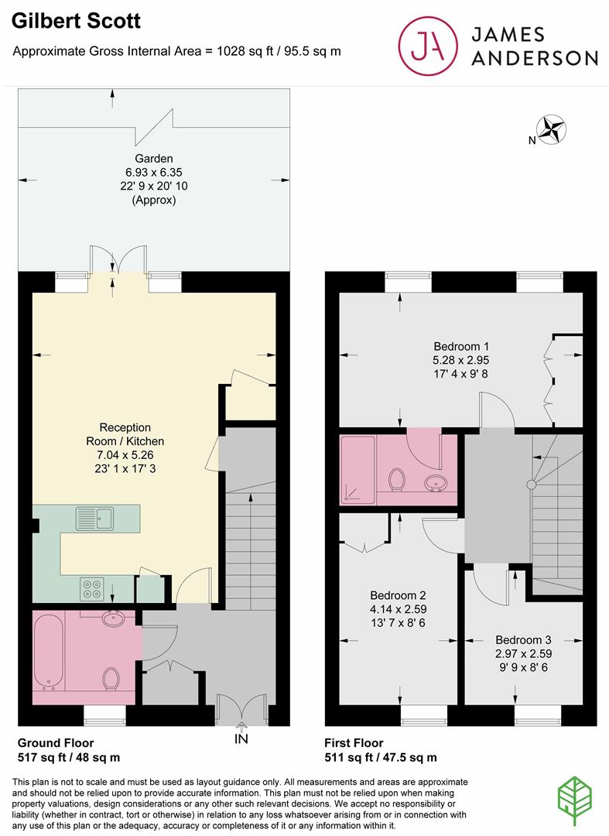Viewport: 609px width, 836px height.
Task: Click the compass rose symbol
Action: tap(553, 129)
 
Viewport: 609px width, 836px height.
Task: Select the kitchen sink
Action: tap(94, 518)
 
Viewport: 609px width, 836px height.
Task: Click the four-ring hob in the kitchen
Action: tap(92, 589)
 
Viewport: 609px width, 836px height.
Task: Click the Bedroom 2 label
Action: tap(398, 595)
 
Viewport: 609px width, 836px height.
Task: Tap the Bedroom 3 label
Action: tap(523, 640)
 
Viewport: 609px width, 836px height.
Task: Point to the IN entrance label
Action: tap(242, 739)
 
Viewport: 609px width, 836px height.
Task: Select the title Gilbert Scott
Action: tap(77, 21)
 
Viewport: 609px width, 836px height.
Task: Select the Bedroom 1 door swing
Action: tap(494, 409)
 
